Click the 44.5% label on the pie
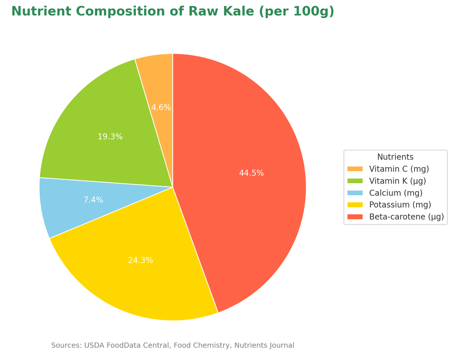click(x=251, y=173)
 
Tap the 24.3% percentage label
click(x=140, y=260)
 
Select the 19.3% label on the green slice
click(x=110, y=137)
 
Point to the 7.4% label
click(x=93, y=200)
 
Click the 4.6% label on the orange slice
click(x=161, y=107)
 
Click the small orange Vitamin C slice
click(x=159, y=80)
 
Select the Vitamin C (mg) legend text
click(x=399, y=169)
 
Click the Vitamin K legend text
click(x=397, y=181)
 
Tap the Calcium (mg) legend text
click(x=396, y=193)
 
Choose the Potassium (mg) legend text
click(x=400, y=205)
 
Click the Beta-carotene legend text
click(x=406, y=217)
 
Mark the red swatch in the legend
click(x=355, y=217)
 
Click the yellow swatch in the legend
click(x=355, y=205)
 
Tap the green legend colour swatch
click(x=355, y=181)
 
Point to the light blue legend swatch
click(x=355, y=193)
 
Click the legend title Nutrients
click(x=395, y=157)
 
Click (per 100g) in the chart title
click(x=296, y=12)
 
